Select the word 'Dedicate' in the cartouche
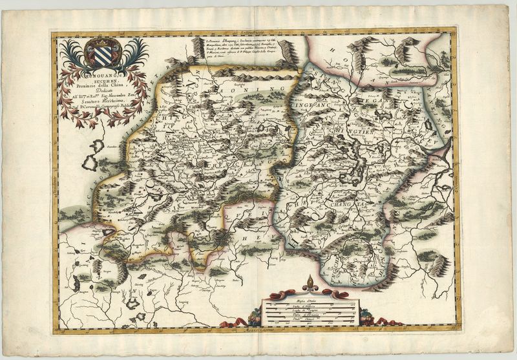pyautogui.click(x=101, y=96)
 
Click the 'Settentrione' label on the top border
pyautogui.click(x=255, y=30)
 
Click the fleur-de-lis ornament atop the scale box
pyautogui.click(x=308, y=282)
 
